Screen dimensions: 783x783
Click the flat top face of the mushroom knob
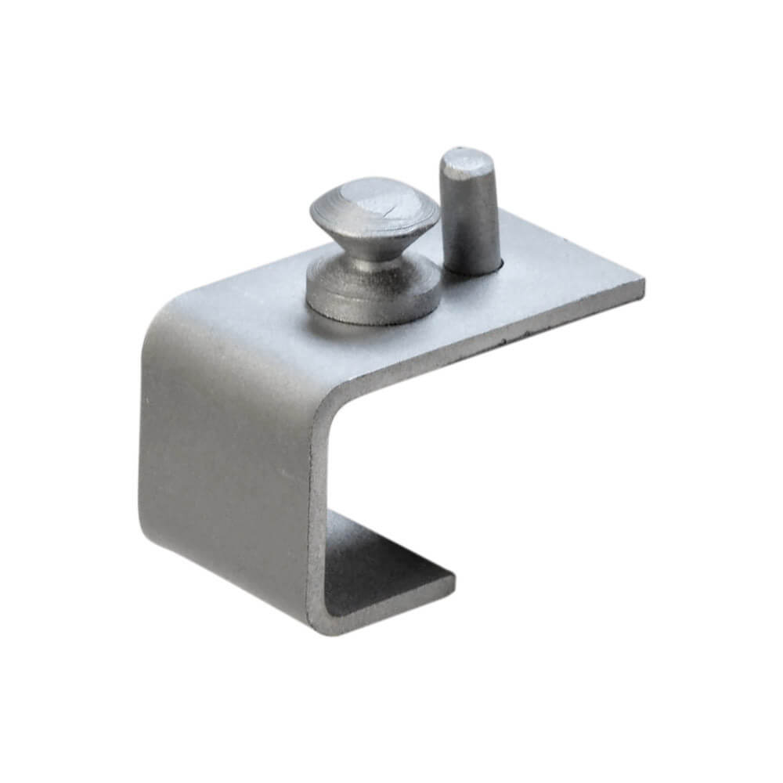[374, 202]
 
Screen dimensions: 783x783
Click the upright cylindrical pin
[470, 211]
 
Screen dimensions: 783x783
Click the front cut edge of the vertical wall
[317, 509]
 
